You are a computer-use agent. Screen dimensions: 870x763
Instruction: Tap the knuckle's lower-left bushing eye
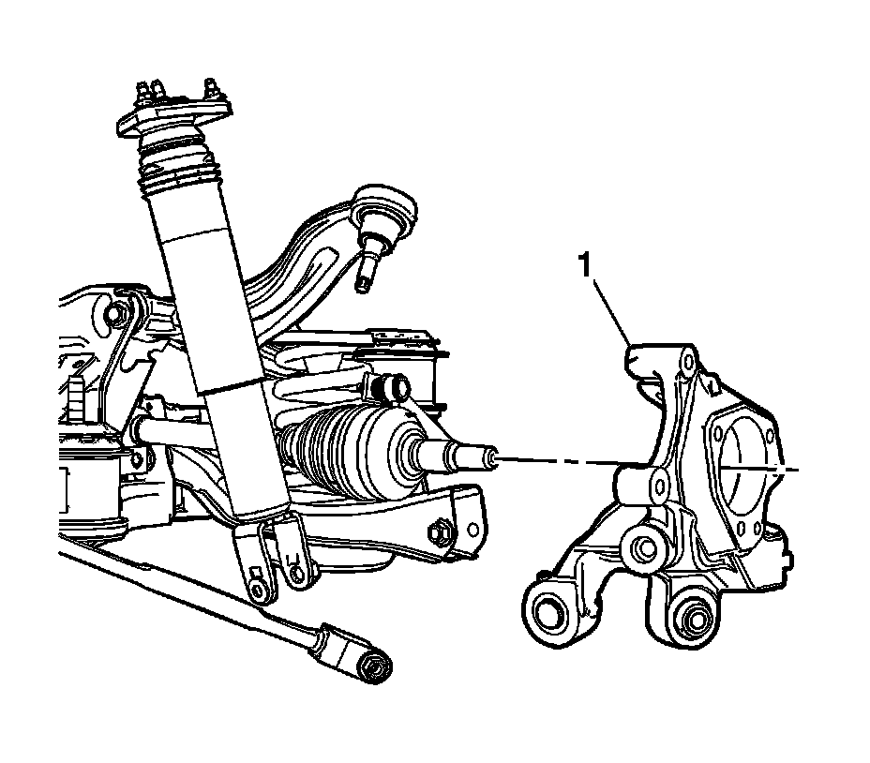(x=547, y=612)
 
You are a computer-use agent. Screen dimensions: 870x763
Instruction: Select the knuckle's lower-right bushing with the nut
(x=695, y=619)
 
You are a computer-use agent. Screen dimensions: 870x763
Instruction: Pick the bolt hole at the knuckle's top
(x=689, y=360)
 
